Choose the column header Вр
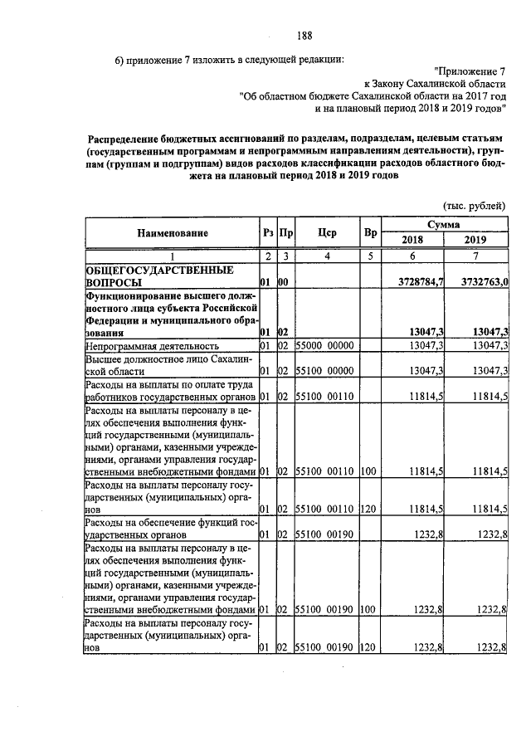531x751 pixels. coord(370,234)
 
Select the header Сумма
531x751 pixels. coord(445,226)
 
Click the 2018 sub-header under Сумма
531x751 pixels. coord(412,241)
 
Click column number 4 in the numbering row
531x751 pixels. coord(327,256)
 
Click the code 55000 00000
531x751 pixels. coord(325,344)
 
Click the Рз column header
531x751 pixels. coord(266,234)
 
